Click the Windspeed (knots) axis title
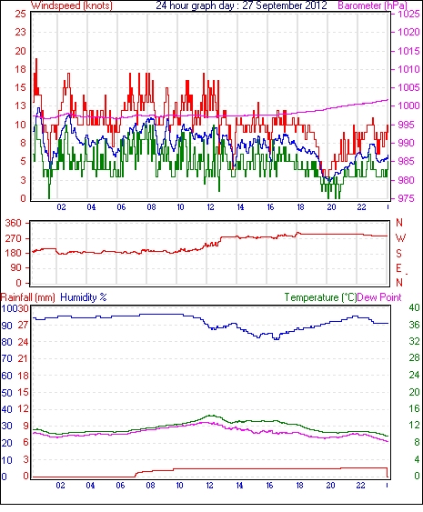72,5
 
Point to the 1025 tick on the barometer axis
408,14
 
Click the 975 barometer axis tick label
407,198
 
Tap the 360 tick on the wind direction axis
14,224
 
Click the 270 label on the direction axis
14,238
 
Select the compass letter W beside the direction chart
400,238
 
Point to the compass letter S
398,253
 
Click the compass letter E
398,268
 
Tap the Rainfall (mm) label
28,297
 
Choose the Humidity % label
84,297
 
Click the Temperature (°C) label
320,297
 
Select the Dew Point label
379,297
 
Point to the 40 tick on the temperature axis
415,307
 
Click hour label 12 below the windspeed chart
210,207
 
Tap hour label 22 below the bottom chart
360,486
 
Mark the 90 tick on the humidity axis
7,326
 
